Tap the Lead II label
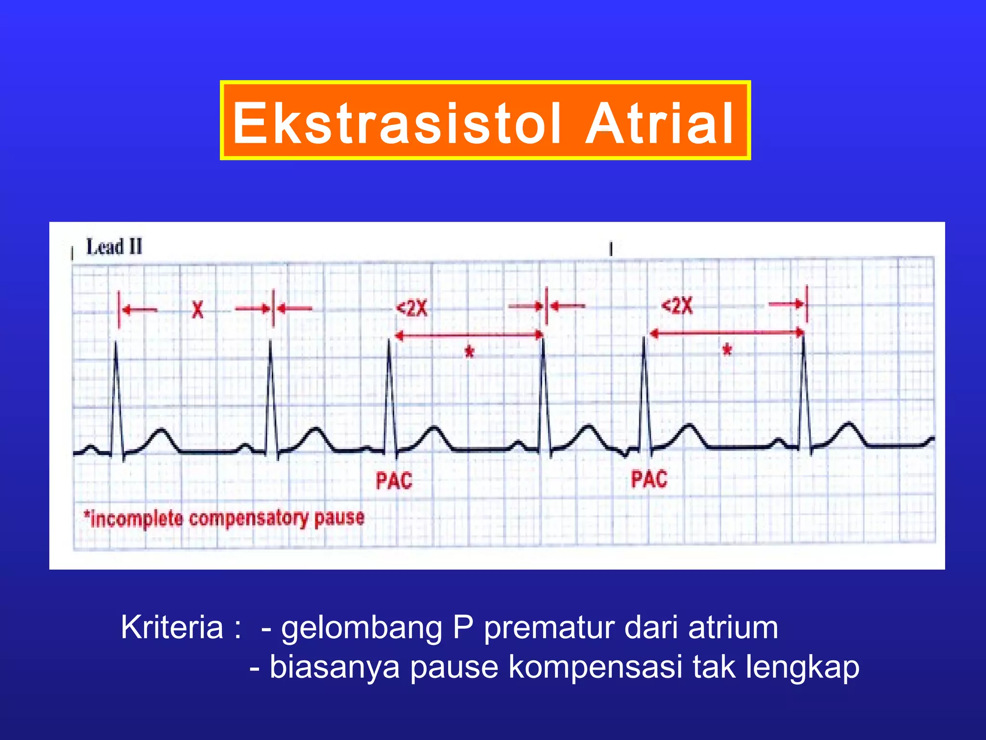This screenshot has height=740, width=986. [x=114, y=247]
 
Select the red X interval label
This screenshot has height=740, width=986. [x=197, y=309]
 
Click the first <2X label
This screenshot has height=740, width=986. [x=412, y=308]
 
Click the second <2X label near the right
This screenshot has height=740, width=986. [x=677, y=306]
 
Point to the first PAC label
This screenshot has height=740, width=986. [x=394, y=481]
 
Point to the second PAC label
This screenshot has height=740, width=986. [x=649, y=479]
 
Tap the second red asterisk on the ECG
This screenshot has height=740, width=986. [x=727, y=350]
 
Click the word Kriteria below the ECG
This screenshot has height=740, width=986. [x=172, y=627]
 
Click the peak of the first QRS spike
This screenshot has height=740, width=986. [x=116, y=343]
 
